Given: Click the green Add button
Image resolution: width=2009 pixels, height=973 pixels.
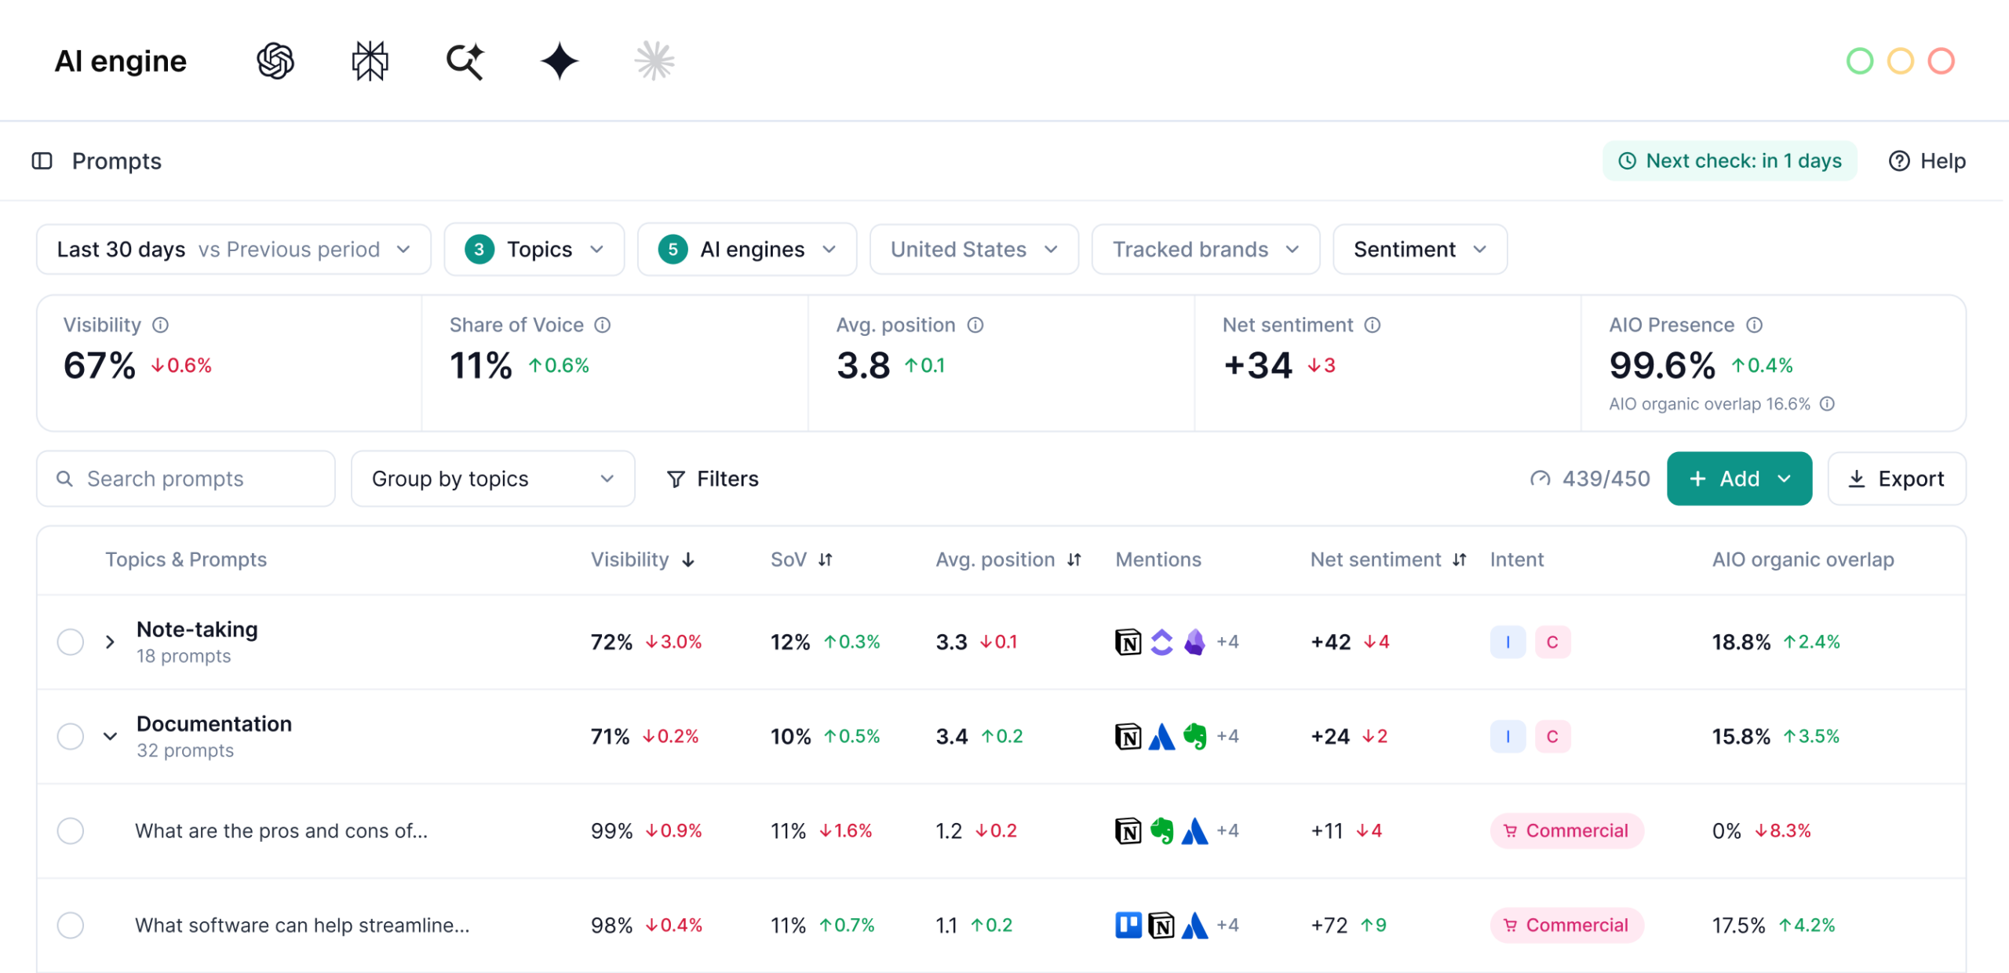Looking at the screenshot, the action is (1739, 479).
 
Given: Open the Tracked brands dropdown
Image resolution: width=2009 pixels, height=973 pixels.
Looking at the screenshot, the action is (1205, 250).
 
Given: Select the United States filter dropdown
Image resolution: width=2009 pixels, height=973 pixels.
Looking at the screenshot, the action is (974, 250).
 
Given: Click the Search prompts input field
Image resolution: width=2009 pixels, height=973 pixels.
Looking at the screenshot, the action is (186, 479).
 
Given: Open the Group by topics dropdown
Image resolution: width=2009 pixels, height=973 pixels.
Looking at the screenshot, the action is (492, 479).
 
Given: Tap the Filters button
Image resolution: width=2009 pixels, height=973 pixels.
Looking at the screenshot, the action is (713, 479).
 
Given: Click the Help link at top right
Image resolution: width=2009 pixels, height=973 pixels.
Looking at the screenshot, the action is (1927, 161).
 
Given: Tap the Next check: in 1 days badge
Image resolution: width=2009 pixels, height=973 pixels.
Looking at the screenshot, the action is (1730, 161).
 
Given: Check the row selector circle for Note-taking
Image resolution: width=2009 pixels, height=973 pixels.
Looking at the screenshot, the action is (71, 642).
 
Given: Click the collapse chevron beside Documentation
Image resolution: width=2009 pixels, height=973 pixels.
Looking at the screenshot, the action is (110, 736).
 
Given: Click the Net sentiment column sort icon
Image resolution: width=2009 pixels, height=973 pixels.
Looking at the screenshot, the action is (1459, 559).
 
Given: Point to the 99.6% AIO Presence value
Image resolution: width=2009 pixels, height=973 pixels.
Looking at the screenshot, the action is (1662, 366).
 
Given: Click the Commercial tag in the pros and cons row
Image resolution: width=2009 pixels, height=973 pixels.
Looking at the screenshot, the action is (1566, 831).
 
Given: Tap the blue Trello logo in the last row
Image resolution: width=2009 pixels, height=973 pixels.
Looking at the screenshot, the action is (1128, 925).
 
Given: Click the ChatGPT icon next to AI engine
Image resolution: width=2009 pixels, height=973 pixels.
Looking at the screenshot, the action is (275, 61).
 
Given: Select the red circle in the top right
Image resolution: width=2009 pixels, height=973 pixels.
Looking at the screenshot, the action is (1942, 61).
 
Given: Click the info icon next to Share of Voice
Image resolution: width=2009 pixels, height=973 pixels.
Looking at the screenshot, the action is (603, 325).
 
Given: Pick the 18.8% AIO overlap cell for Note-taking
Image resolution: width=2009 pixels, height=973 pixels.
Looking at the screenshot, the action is (1741, 642).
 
